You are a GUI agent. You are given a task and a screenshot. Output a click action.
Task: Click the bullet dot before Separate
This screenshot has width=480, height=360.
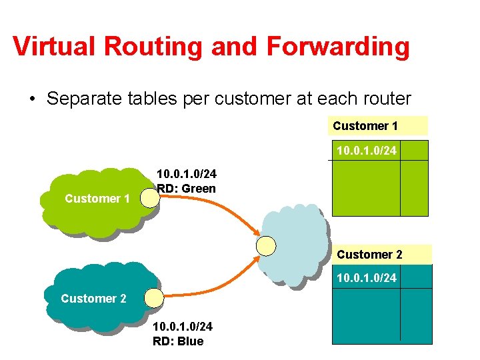tap(31, 100)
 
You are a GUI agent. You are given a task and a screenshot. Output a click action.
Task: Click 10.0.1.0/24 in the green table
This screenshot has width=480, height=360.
tap(366, 151)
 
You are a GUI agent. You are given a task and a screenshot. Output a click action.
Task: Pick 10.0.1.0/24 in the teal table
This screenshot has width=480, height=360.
tap(366, 277)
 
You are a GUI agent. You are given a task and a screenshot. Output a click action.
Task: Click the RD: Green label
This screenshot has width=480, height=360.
tap(186, 189)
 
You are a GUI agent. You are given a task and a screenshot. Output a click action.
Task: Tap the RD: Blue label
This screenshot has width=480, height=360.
tap(178, 341)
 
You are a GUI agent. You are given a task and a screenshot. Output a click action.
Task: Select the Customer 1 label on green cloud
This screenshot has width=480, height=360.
tap(97, 198)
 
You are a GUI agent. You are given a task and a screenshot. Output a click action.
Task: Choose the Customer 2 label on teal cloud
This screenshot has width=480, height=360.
tap(93, 298)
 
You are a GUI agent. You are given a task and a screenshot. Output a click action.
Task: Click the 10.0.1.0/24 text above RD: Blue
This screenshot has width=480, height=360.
tap(183, 327)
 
